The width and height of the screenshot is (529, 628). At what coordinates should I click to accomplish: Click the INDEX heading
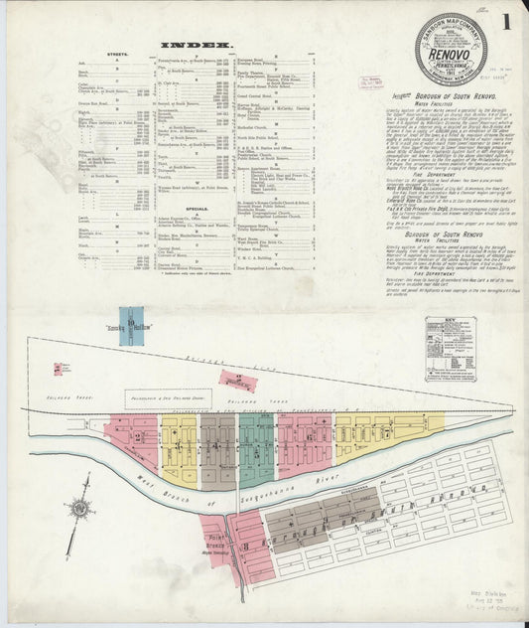(x=196, y=46)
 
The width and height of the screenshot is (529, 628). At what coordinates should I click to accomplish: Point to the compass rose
(x=80, y=508)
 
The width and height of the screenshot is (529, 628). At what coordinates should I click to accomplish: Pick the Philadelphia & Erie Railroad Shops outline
(x=175, y=398)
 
